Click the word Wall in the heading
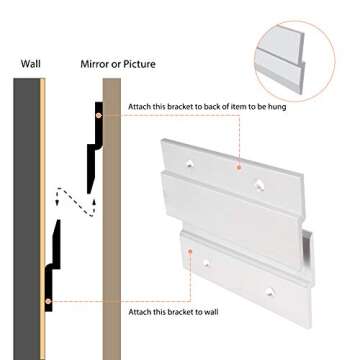[30, 69]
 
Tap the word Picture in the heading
[134, 69]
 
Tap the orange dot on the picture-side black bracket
[97, 116]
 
